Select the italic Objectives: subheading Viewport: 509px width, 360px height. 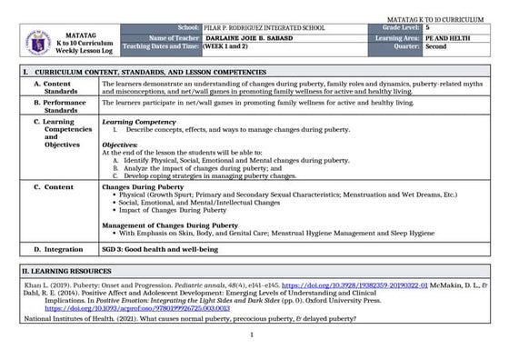[119, 145]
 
